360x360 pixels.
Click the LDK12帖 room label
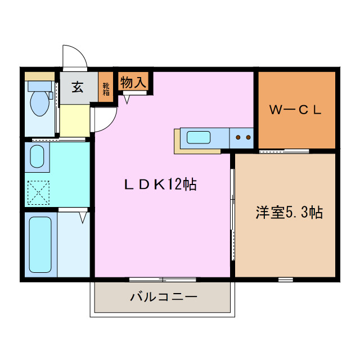160,184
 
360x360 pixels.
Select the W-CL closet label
295,110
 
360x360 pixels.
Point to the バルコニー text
163,296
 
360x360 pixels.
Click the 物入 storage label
134,82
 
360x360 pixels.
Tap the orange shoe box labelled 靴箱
106,88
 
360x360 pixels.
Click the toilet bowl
39,103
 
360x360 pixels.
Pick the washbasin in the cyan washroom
37,156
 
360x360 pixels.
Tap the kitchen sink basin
199,137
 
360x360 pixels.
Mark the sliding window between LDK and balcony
163,279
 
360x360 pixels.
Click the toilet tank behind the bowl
39,85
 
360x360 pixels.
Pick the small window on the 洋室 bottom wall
285,279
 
